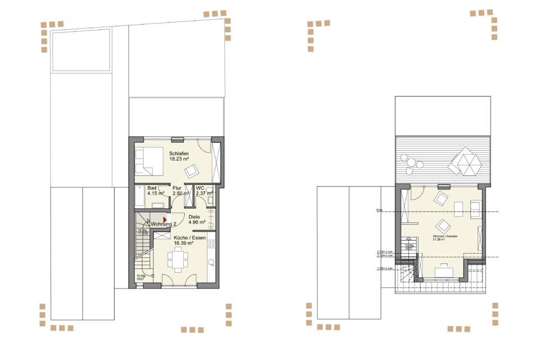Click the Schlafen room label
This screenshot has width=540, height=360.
[x=179, y=154]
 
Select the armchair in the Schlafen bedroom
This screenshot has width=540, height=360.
[x=192, y=169]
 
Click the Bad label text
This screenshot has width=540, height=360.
[x=152, y=188]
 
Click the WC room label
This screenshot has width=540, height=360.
[x=200, y=188]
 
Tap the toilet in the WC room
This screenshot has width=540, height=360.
[x=209, y=190]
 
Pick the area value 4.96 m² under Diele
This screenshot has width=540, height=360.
[x=197, y=222]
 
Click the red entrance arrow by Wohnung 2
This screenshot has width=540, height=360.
[x=164, y=219]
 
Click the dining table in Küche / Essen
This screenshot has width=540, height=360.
[x=178, y=260]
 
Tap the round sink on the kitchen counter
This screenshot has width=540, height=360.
[x=211, y=262]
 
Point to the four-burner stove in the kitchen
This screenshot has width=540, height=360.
[x=211, y=245]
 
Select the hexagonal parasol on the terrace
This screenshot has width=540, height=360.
[x=465, y=161]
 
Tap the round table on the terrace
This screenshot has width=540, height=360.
[x=411, y=163]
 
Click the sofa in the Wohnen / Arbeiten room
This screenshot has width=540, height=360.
[x=476, y=208]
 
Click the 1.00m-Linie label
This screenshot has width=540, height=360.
[x=384, y=268]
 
